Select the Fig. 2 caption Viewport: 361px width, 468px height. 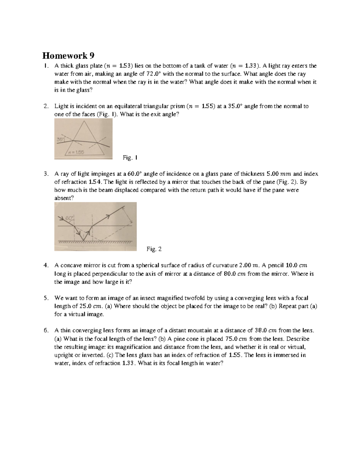tap(154, 249)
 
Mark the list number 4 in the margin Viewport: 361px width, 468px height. tap(45, 265)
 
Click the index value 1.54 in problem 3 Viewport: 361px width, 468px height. tap(96, 182)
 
